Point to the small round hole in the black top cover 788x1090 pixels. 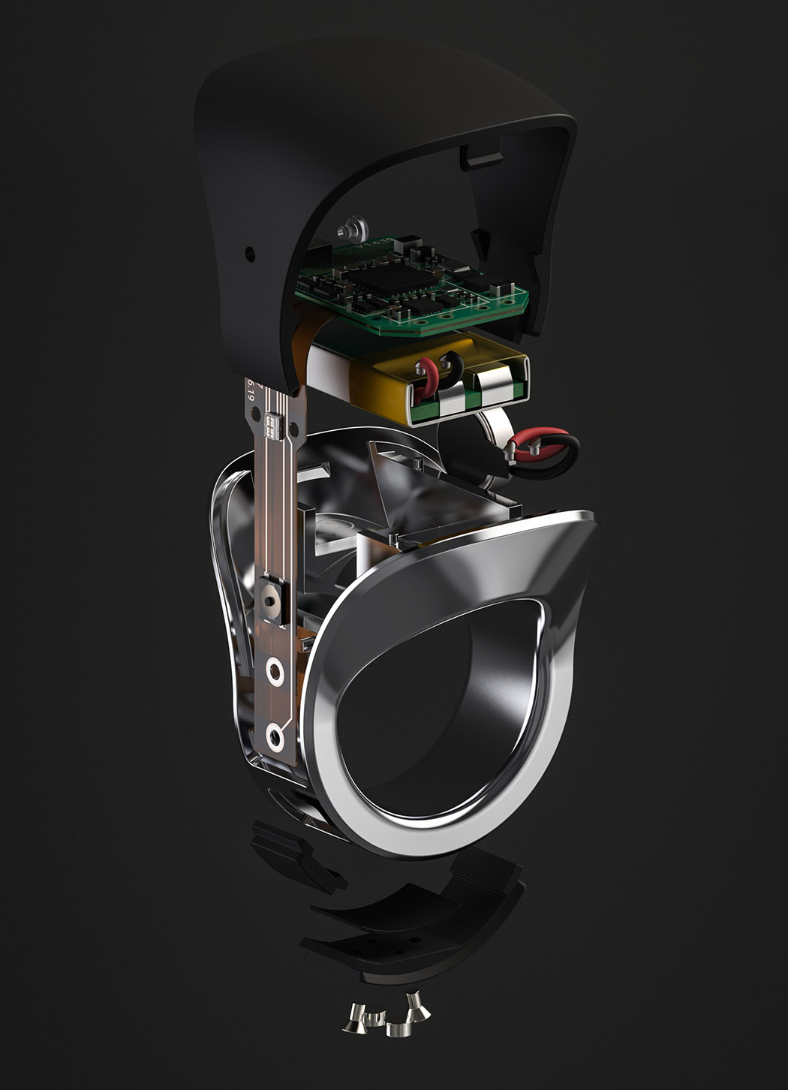(x=250, y=254)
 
